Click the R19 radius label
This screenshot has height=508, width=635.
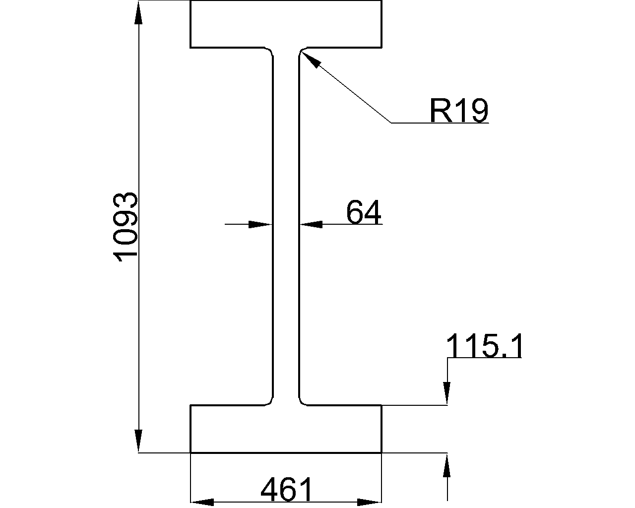click(x=459, y=110)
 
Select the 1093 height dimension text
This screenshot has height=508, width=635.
click(x=125, y=227)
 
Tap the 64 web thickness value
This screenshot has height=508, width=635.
click(x=364, y=212)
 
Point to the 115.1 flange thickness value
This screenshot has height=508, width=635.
click(x=484, y=346)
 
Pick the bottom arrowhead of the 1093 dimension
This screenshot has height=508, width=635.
click(x=138, y=441)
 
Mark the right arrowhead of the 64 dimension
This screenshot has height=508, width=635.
click(x=312, y=224)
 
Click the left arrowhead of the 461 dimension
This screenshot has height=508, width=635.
click(x=202, y=502)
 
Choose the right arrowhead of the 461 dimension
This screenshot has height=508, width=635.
click(x=369, y=502)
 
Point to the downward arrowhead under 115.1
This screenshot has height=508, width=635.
click(x=447, y=393)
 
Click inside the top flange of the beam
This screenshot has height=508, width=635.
click(x=286, y=24)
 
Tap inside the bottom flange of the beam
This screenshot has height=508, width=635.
click(x=286, y=429)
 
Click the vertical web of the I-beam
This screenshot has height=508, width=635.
click(x=286, y=226)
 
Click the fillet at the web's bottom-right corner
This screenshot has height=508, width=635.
click(x=303, y=402)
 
